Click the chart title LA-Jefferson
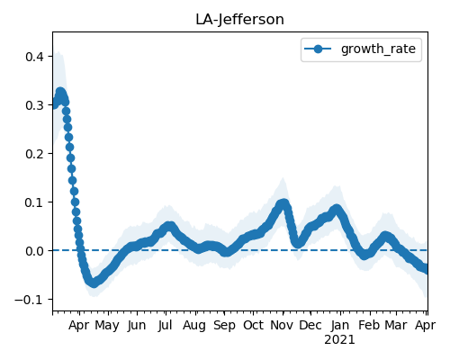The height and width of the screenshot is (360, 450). coord(239,20)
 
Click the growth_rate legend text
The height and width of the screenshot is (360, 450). coord(378,49)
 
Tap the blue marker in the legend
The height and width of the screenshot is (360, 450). coord(318,49)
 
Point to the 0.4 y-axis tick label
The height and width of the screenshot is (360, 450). coord(34,57)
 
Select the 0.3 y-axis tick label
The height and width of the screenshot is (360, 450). coord(34,105)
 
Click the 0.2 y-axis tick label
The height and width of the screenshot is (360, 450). coord(34,154)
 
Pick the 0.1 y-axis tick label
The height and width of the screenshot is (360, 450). coord(34,202)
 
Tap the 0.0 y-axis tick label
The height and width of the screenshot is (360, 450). coord(34,251)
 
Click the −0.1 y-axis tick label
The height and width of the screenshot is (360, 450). coord(30,300)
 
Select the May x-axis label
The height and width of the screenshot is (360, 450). coord(107,326)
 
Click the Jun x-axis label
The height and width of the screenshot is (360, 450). coord(137,326)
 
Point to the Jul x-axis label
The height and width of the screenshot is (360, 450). coord(166,326)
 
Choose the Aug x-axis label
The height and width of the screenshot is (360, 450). coord(194,326)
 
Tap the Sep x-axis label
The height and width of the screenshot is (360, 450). coord(224,326)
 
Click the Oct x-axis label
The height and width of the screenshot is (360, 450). coord(253,325)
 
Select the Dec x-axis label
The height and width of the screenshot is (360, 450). coord(310,325)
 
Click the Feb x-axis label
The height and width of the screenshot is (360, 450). coord(369,325)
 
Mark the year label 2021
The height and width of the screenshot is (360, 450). coord(339,340)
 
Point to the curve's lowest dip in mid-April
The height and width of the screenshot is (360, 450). coord(94,283)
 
